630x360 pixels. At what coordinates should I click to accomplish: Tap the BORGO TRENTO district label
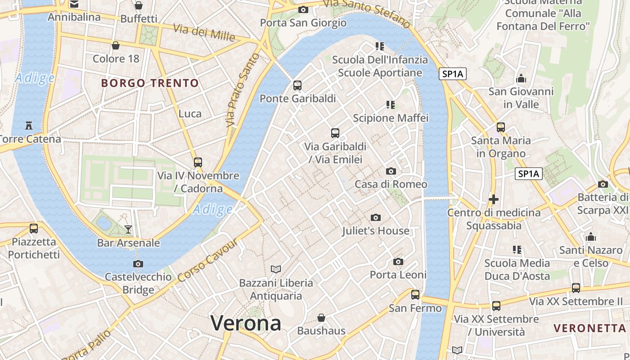(150, 83)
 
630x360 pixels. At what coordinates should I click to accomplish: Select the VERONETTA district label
(590, 328)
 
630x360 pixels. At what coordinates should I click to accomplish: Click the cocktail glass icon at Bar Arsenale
(128, 229)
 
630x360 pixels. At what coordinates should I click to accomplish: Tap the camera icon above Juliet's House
(375, 218)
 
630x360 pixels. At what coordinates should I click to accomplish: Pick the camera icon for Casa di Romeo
(391, 171)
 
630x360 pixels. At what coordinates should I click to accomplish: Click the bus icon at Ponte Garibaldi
(297, 85)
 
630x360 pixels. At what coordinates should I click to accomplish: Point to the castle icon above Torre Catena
(29, 125)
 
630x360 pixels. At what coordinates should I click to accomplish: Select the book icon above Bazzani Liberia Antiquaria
(276, 269)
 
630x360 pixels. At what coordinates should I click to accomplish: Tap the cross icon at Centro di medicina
(493, 199)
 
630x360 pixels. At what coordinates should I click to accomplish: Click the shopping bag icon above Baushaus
(321, 318)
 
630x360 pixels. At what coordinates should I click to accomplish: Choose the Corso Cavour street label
(207, 261)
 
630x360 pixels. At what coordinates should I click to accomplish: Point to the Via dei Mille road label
(204, 32)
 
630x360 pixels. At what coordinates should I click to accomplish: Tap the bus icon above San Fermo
(415, 295)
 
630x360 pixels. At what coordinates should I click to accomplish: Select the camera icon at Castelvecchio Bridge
(138, 264)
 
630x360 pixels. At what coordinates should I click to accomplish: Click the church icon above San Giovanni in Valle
(521, 78)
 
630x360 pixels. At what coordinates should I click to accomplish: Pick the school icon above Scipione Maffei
(390, 105)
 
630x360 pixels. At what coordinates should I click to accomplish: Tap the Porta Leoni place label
(398, 274)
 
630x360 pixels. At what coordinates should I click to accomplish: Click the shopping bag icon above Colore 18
(116, 45)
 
